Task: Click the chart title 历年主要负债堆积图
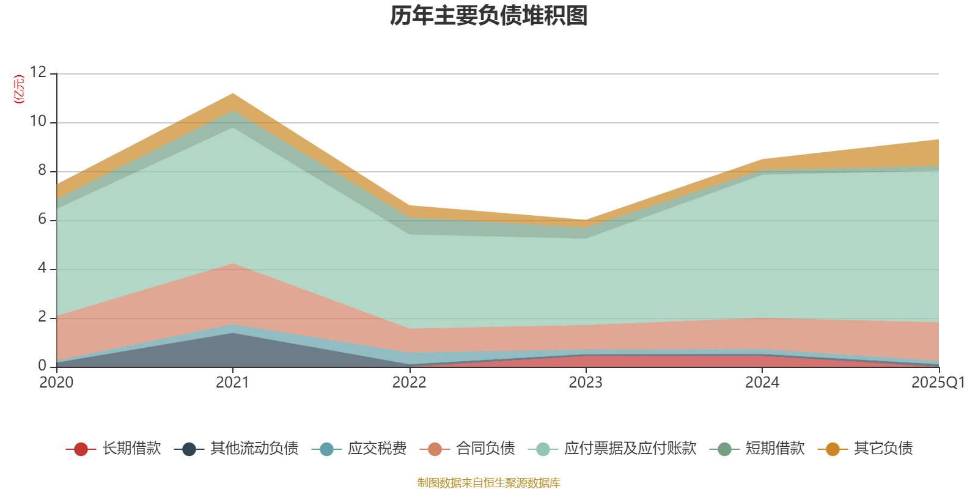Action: point(489,16)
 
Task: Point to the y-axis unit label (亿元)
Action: point(19,89)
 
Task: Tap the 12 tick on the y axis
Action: point(38,73)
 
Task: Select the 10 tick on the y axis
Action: point(38,122)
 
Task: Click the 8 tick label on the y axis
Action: point(42,171)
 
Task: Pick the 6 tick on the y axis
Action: point(42,219)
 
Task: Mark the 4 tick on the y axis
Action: point(42,268)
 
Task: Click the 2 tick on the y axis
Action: point(42,317)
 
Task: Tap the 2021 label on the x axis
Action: point(232,383)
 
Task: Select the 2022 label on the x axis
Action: point(409,383)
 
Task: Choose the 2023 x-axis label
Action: point(586,383)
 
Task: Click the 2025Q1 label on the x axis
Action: point(938,383)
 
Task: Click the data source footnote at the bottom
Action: point(489,483)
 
